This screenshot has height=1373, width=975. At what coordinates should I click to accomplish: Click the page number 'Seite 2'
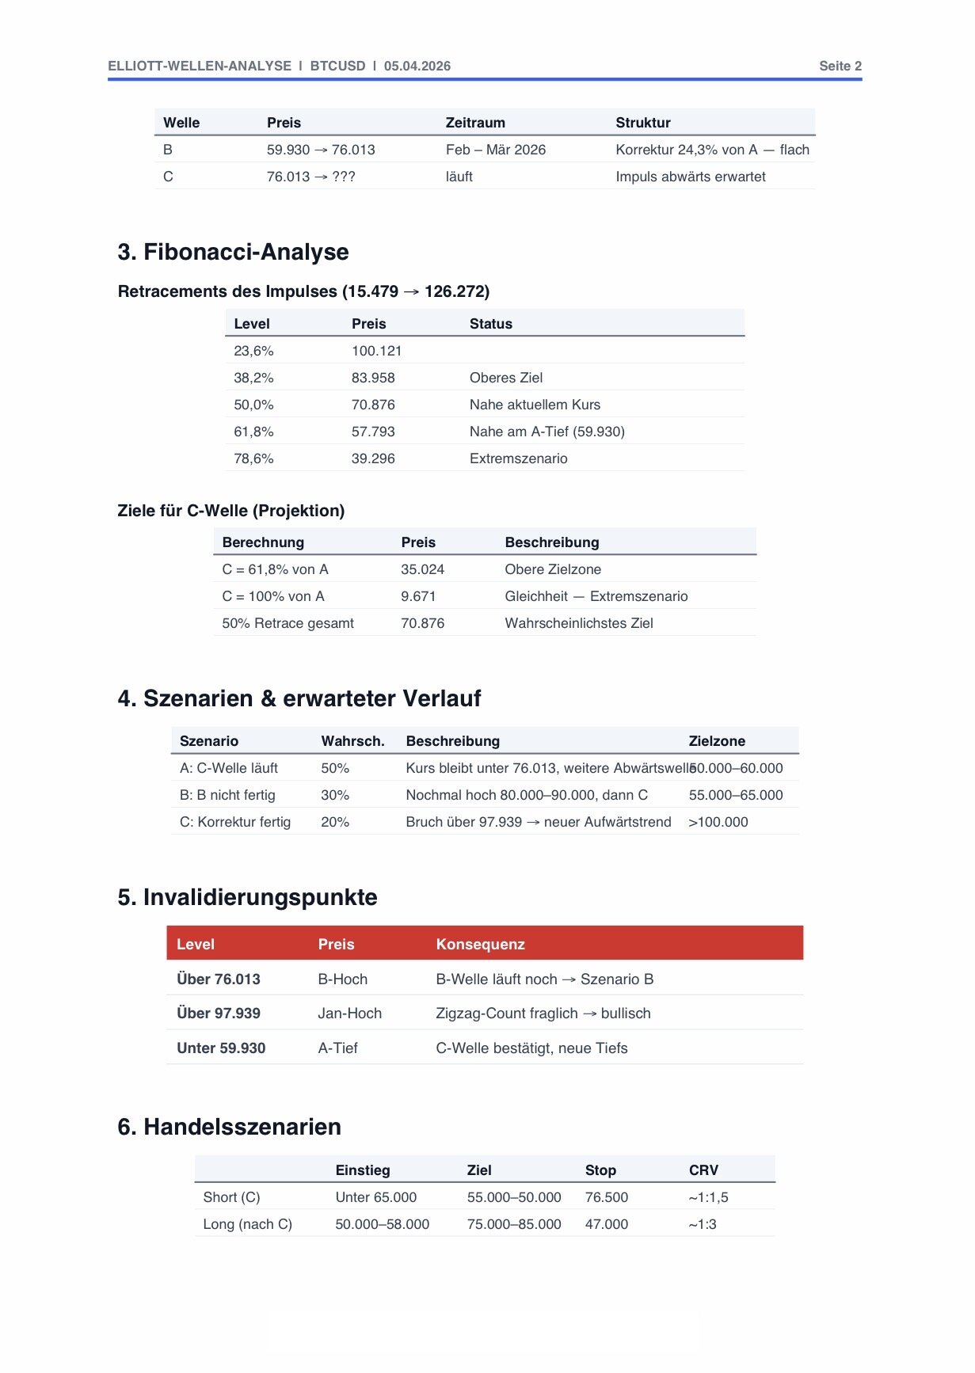pyautogui.click(x=840, y=67)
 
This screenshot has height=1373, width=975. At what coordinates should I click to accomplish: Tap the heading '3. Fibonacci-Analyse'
pyautogui.click(x=233, y=252)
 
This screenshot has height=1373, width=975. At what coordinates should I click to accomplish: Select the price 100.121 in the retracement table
pyautogui.click(x=376, y=351)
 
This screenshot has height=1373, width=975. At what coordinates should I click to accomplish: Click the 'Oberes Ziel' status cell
pyautogui.click(x=505, y=378)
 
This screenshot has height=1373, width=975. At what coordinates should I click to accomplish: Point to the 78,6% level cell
pyautogui.click(x=253, y=458)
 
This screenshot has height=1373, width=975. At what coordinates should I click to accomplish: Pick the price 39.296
pyautogui.click(x=373, y=458)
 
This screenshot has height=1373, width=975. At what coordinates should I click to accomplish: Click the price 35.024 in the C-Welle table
pyautogui.click(x=422, y=569)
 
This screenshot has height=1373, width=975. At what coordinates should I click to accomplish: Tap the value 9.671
pyautogui.click(x=418, y=596)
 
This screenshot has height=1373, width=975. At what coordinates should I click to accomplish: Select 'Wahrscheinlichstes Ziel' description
pyautogui.click(x=578, y=623)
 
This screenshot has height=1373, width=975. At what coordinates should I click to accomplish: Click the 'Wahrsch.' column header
pyautogui.click(x=352, y=741)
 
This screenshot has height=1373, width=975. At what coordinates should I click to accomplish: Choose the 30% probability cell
pyautogui.click(x=335, y=795)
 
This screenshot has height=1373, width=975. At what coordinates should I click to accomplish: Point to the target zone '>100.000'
pyautogui.click(x=718, y=822)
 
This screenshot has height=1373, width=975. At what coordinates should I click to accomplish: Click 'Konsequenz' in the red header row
pyautogui.click(x=480, y=944)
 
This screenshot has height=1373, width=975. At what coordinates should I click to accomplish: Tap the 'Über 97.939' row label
pyautogui.click(x=219, y=1014)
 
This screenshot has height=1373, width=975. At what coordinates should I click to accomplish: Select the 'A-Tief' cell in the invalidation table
pyautogui.click(x=337, y=1048)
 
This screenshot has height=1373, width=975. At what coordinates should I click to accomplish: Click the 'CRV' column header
pyautogui.click(x=703, y=1170)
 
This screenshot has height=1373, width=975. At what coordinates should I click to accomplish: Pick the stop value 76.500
pyautogui.click(x=607, y=1197)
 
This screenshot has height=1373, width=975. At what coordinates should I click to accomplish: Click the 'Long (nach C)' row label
pyautogui.click(x=247, y=1224)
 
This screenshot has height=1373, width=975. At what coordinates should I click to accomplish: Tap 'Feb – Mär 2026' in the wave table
pyautogui.click(x=495, y=150)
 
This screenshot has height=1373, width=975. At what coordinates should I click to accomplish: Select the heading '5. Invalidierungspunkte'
pyautogui.click(x=247, y=897)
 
